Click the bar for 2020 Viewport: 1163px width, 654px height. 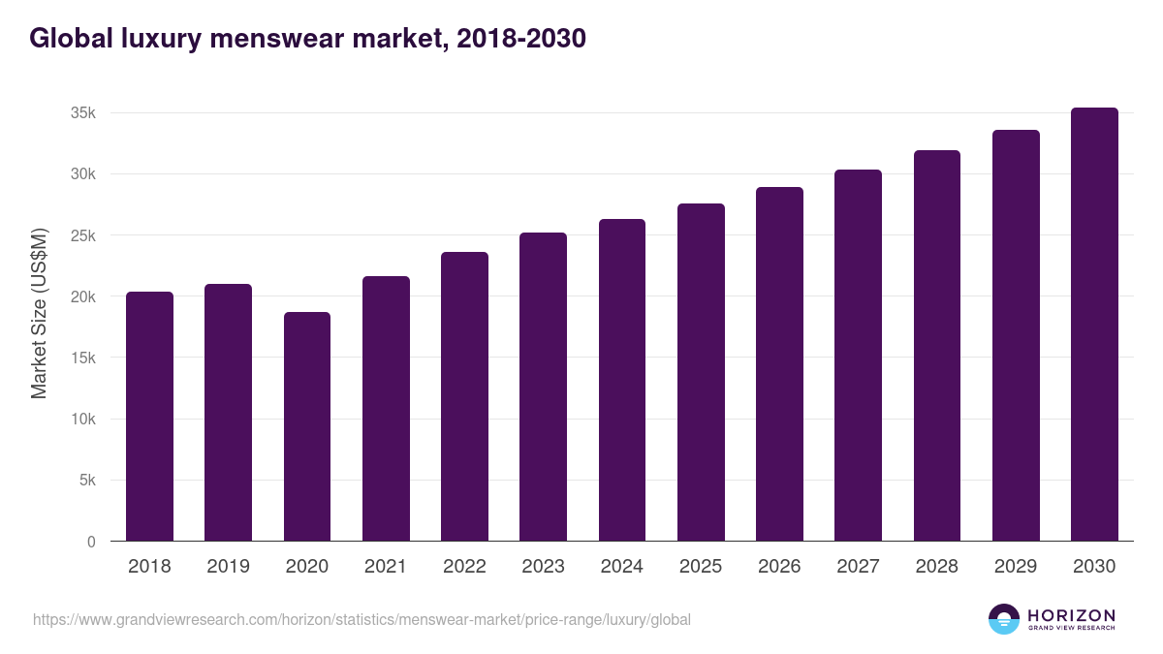point(306,426)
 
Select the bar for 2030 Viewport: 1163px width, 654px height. point(1094,325)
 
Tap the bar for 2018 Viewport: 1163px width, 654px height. point(149,417)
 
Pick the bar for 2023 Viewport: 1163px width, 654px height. point(543,387)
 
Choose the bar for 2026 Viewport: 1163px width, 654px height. point(779,364)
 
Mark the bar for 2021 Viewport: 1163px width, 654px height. point(386,409)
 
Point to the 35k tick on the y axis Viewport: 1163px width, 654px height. point(83,113)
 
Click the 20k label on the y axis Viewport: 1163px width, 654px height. point(83,296)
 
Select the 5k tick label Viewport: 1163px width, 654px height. point(87,481)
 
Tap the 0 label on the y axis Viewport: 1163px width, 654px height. point(91,542)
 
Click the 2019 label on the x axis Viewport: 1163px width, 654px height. point(228,567)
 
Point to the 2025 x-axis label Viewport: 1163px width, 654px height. point(701,567)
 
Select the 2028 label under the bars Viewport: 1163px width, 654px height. point(937,567)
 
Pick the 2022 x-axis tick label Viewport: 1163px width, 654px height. point(464,567)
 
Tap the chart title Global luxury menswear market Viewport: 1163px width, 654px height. point(307,39)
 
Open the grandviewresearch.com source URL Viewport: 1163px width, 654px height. point(361,619)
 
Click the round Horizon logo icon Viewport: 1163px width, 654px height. point(1004,619)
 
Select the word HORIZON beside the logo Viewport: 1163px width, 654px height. point(1071,614)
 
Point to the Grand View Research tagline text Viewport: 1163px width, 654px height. point(1071,629)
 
